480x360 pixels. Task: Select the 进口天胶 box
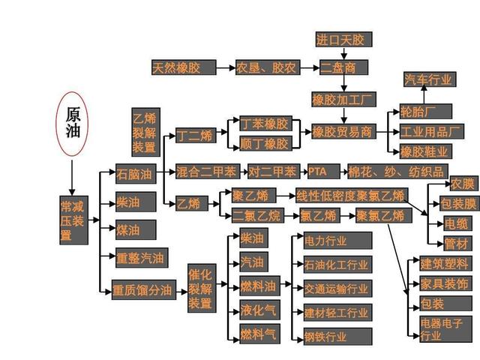pos(344,39)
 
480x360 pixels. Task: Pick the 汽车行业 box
pos(430,79)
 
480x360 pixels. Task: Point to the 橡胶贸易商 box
pos(342,132)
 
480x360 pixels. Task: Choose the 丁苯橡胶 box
pos(265,123)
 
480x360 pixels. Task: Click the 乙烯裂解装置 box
pos(144,131)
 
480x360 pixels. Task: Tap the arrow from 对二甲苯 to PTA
pos(303,172)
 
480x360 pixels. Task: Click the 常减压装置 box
pos(73,220)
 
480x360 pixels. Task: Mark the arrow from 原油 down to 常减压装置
pos(72,175)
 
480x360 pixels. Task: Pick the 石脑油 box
pos(135,175)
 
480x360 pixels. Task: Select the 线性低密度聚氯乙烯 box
pos(352,196)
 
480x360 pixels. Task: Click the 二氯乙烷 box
pos(256,215)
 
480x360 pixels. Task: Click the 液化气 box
pos(257,310)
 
